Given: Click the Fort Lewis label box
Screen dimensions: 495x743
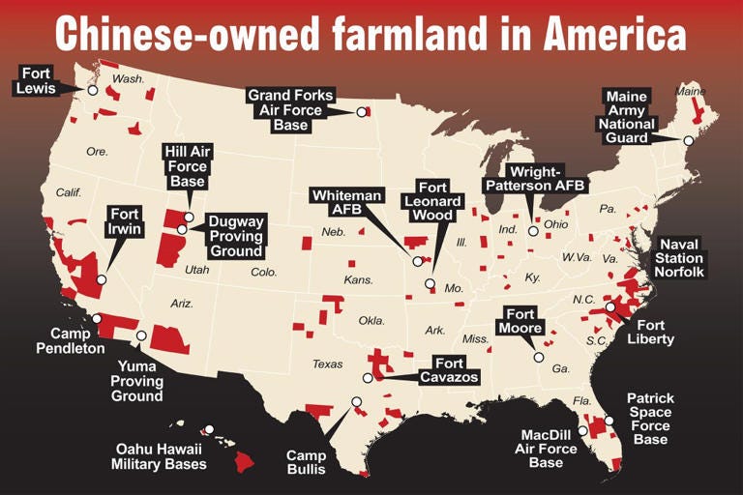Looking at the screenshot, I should point(37,79).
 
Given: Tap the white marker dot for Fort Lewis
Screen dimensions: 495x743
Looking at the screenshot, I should point(93,90).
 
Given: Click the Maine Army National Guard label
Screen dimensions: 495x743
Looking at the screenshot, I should point(628,117).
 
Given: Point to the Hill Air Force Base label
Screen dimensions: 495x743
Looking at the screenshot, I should point(188,166).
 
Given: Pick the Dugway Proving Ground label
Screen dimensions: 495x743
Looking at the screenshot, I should point(236,236).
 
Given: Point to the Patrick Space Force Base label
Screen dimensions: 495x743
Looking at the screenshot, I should point(650,419).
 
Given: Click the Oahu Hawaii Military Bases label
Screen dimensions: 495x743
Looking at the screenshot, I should point(161,456).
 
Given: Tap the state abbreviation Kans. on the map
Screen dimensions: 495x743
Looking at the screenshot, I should point(358,280).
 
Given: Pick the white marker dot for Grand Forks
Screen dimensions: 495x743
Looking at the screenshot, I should point(362,112).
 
